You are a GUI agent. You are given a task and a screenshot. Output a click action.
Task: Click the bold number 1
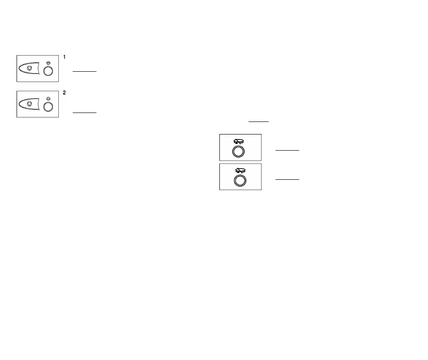pos(65,57)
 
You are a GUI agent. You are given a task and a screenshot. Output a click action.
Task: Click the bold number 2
pos(65,93)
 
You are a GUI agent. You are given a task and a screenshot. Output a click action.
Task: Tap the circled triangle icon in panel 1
pos(30,68)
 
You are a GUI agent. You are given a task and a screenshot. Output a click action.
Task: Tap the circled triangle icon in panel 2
pos(30,104)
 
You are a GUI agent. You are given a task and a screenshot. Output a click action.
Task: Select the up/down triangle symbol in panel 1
pos(48,63)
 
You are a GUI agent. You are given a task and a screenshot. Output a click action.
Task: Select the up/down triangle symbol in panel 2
pos(48,99)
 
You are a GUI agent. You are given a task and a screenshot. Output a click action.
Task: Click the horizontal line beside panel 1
pos(85,71)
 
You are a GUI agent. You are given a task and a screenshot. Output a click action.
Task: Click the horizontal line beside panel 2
pos(85,113)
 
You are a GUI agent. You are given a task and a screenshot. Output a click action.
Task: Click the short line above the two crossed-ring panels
pos(258,121)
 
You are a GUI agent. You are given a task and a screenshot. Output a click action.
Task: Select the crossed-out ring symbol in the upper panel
pos(239,142)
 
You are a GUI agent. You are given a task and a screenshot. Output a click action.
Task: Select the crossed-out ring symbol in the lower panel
pos(240,171)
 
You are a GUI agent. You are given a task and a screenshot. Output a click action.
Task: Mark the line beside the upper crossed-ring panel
pos(288,150)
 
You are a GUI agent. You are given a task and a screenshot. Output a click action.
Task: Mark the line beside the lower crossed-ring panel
pos(288,179)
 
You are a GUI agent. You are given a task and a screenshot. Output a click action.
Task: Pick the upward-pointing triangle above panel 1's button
pos(48,62)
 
